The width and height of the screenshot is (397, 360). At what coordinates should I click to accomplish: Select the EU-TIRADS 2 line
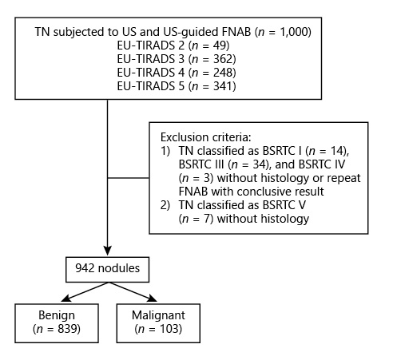point(173,45)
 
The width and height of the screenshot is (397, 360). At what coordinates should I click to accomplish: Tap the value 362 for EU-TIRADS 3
point(223,59)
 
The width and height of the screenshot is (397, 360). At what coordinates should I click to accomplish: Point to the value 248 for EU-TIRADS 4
point(223,73)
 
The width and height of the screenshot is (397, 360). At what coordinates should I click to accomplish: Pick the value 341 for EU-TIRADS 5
point(223,86)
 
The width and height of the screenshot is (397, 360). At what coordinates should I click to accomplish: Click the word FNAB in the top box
point(236,32)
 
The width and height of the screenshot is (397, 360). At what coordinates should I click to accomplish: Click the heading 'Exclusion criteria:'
point(206,137)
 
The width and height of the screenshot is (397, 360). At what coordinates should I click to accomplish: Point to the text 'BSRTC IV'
point(322,164)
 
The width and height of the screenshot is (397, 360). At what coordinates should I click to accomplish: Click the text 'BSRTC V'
point(284,205)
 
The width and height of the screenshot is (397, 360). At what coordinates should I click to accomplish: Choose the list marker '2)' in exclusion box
point(165,205)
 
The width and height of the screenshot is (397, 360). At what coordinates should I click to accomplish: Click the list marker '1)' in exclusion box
point(165,151)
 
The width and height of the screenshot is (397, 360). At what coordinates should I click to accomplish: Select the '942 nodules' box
point(107,270)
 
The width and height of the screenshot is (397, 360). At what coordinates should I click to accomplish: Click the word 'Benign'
point(57,315)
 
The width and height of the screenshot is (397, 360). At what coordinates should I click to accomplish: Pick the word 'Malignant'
point(158,315)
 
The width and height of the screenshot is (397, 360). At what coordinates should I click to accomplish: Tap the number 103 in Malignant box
point(169,329)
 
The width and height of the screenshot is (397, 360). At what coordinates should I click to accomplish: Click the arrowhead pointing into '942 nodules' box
point(107,251)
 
